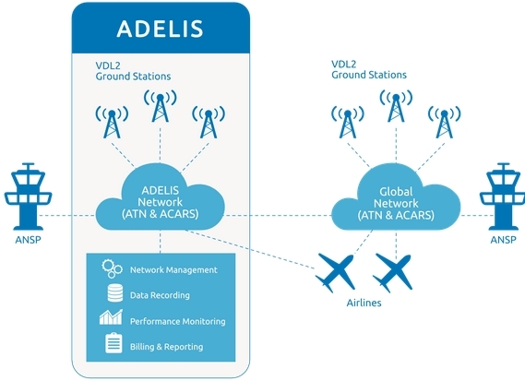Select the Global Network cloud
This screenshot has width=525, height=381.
(x=397, y=204)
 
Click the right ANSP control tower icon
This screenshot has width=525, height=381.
(x=501, y=196)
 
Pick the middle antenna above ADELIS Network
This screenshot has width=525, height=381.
(x=161, y=112)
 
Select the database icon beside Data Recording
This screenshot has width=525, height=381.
(x=113, y=295)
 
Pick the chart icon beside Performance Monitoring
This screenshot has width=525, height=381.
(x=113, y=320)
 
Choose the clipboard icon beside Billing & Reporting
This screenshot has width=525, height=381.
(x=113, y=346)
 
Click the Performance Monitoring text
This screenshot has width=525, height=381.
(x=177, y=321)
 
